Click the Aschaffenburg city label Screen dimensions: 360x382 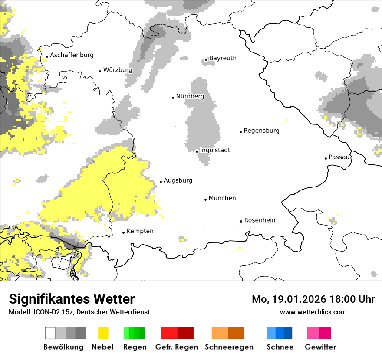click(x=72, y=55)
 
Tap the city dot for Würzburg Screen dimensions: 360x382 click(x=100, y=71)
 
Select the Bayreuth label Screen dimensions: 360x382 click(x=223, y=58)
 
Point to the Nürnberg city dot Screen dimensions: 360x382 click(x=173, y=97)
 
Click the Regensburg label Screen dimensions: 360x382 click(x=261, y=131)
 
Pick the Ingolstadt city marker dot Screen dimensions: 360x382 click(x=197, y=151)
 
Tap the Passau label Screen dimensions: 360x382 click(x=339, y=157)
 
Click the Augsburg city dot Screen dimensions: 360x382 click(x=161, y=182)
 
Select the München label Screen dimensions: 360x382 click(x=222, y=198)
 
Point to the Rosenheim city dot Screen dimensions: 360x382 click(x=241, y=221)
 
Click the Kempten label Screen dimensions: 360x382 click(x=140, y=231)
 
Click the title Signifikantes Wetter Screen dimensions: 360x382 click(x=72, y=299)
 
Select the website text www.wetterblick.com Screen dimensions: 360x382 click(x=313, y=312)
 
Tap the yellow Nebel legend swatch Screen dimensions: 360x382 click(x=103, y=333)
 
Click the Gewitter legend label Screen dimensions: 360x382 click(x=320, y=347)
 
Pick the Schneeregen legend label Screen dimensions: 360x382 click(x=229, y=347)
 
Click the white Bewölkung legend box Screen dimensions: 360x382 click(x=50, y=333)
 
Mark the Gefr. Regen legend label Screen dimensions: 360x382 click(x=177, y=347)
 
